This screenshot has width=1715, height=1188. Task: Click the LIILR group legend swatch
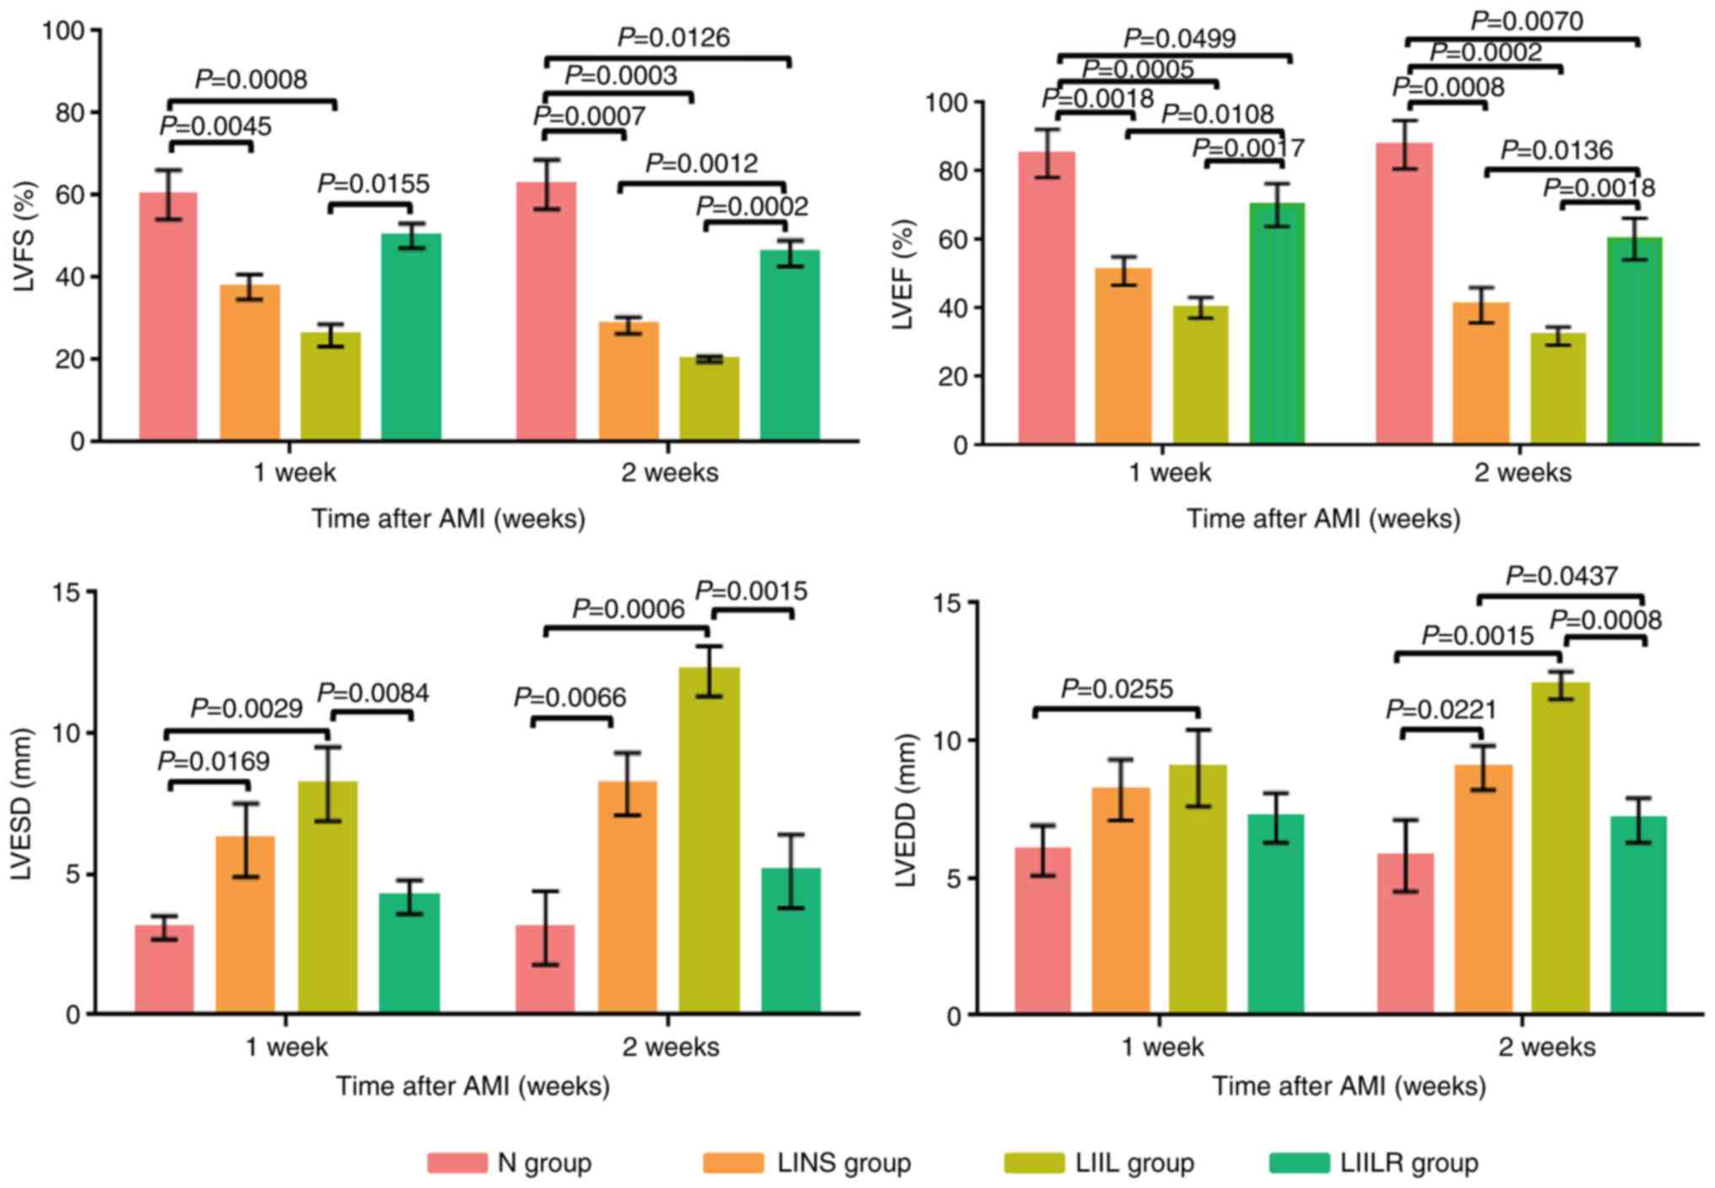coord(1299,1163)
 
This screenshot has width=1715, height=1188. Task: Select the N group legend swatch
coord(457,1163)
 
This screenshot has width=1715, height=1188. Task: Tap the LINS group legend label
coord(843,1163)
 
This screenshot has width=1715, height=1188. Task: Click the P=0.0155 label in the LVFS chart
coord(373,183)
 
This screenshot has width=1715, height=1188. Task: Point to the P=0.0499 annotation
coord(1179,38)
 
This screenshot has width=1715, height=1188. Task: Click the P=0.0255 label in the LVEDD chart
coord(1117,689)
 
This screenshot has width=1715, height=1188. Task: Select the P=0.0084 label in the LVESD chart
coord(372,693)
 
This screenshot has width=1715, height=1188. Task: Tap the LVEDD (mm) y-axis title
coord(906,810)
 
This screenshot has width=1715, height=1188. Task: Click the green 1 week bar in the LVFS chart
coord(411,337)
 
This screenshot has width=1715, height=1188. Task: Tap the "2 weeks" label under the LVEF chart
coord(1523,472)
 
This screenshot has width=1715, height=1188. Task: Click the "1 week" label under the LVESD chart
coord(286,1047)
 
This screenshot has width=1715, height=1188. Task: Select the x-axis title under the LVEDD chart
coord(1349,1086)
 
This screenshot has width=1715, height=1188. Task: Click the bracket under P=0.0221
coord(1442,730)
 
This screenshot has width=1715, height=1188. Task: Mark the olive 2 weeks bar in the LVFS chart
coord(709,399)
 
